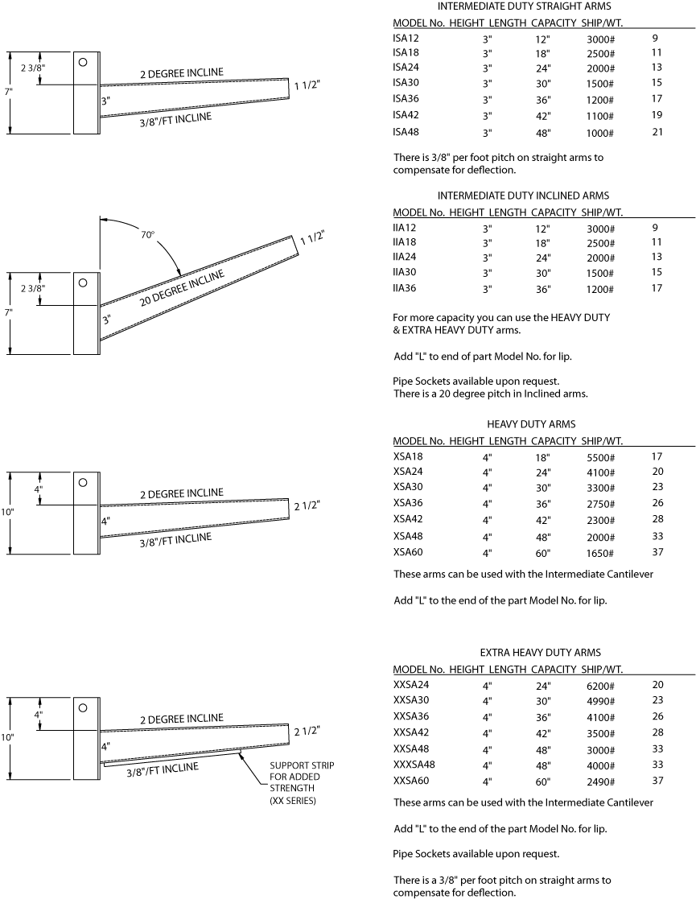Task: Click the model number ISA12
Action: click(406, 39)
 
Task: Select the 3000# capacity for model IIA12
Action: click(600, 229)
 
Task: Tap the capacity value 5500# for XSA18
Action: click(600, 457)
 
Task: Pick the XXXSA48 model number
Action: click(414, 765)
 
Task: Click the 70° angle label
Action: click(146, 236)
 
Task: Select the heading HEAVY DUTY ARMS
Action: click(531, 424)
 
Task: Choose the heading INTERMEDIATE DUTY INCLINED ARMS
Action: click(523, 196)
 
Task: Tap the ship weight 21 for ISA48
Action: click(657, 132)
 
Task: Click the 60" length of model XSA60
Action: click(543, 554)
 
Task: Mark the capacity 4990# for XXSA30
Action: click(600, 701)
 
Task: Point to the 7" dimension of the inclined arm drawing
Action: click(8, 311)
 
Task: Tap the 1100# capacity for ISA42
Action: click(600, 116)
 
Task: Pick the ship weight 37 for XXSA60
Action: click(657, 781)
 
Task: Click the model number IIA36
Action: click(405, 288)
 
